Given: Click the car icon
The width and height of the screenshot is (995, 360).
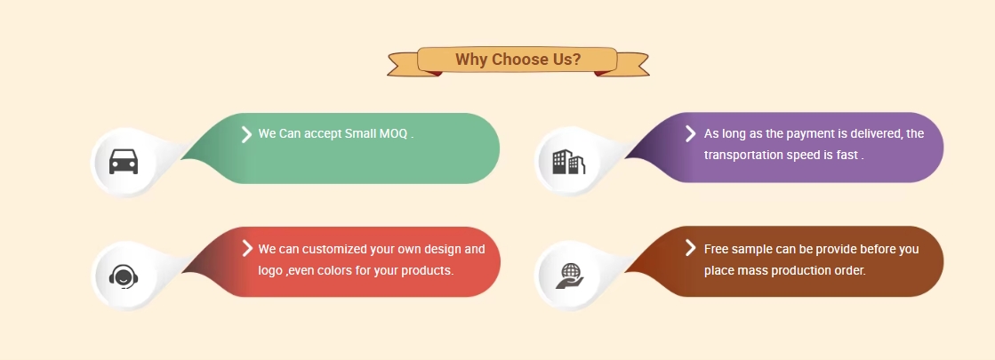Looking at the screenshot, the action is point(123,162).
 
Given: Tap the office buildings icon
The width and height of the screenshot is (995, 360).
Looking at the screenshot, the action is point(568,162).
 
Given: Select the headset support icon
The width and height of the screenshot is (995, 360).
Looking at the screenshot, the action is point(123,276).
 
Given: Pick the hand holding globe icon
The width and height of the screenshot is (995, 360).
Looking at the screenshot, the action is point(569,276).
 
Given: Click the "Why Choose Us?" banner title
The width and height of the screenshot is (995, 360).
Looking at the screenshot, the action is point(518,60).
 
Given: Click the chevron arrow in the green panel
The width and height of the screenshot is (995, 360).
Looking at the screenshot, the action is point(246,133).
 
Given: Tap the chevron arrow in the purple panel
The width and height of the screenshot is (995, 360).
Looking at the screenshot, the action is point(690,133).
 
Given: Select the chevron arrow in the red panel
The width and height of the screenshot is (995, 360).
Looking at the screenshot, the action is point(247,248).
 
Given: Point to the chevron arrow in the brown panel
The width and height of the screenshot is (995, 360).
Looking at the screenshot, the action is point(690,247).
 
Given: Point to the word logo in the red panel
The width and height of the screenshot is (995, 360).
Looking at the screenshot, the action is point(269,270).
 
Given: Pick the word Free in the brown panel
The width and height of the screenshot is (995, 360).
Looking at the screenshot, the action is point(716,249).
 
